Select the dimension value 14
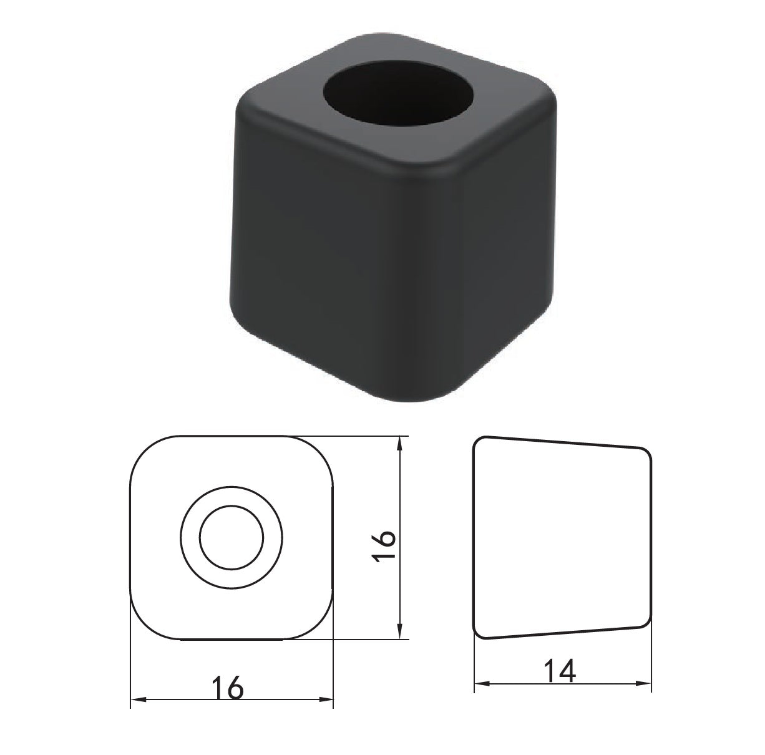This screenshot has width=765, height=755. [560, 671]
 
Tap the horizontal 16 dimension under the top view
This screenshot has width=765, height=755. [227, 687]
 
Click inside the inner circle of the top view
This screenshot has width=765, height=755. [231, 537]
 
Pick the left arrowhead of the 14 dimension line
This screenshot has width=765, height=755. [480, 684]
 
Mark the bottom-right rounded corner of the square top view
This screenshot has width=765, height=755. [322, 628]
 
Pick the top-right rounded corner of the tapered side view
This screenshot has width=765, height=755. [646, 454]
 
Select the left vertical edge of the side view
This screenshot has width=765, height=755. [474, 537]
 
